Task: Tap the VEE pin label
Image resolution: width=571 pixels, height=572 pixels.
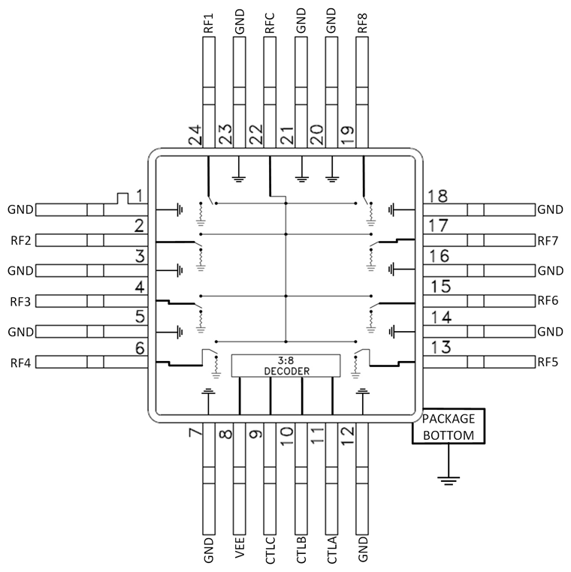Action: [x=240, y=551]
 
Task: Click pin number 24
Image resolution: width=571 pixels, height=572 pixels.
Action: [x=195, y=135]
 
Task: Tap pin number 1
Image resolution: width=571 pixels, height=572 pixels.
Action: [x=140, y=195]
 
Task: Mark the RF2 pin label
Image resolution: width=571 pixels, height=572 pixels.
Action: [x=20, y=241]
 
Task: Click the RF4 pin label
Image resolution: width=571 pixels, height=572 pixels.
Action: [x=20, y=363]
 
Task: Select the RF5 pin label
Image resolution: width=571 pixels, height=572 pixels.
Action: [x=549, y=363]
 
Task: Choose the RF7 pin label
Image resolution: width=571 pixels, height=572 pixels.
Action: [x=549, y=241]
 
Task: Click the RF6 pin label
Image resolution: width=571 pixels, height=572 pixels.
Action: [x=549, y=301]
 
